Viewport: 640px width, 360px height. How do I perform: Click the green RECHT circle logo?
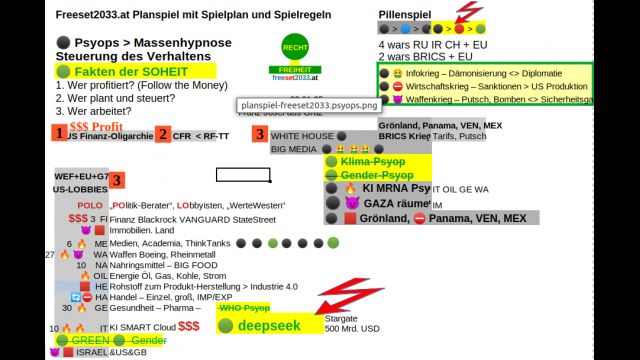(x=295, y=47)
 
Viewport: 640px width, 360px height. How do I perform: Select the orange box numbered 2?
(x=162, y=134)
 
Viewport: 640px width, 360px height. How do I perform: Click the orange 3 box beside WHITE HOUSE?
(x=260, y=134)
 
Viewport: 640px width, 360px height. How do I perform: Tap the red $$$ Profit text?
(x=96, y=127)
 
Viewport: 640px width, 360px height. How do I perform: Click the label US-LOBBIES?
(x=80, y=189)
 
